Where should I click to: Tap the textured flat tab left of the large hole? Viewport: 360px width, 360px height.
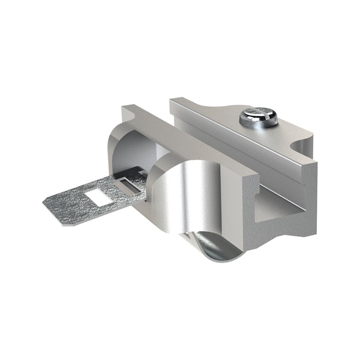(69, 201)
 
